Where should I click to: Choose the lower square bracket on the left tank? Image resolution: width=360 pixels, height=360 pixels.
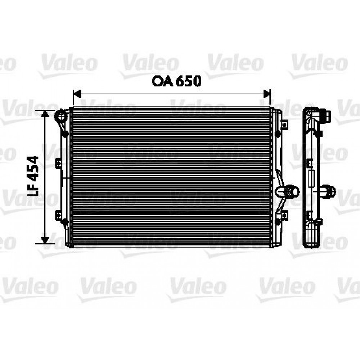tap(58, 215)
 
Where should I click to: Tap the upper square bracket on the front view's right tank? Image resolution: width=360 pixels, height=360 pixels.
tap(284, 125)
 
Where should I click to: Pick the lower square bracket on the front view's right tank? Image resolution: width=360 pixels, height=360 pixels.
tap(284, 215)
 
